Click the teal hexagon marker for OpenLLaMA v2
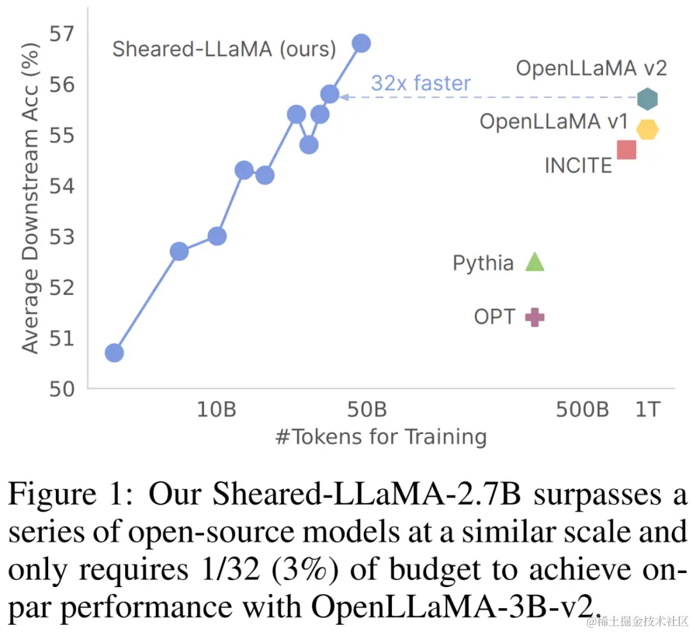[647, 99]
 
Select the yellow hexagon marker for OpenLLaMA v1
[647, 129]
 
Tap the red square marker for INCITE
[626, 150]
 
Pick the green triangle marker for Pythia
[535, 262]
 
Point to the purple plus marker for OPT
[535, 317]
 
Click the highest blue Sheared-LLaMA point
[361, 43]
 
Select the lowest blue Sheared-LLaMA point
[114, 353]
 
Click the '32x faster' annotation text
[420, 83]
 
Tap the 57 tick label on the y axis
[63, 33]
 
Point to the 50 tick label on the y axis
[63, 388]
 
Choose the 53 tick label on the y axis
[63, 237]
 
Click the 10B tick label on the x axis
[216, 409]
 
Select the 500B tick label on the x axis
[582, 409]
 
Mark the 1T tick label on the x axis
[647, 409]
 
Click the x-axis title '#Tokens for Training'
[381, 437]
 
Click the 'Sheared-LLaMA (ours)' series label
[224, 49]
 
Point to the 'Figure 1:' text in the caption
[72, 495]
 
